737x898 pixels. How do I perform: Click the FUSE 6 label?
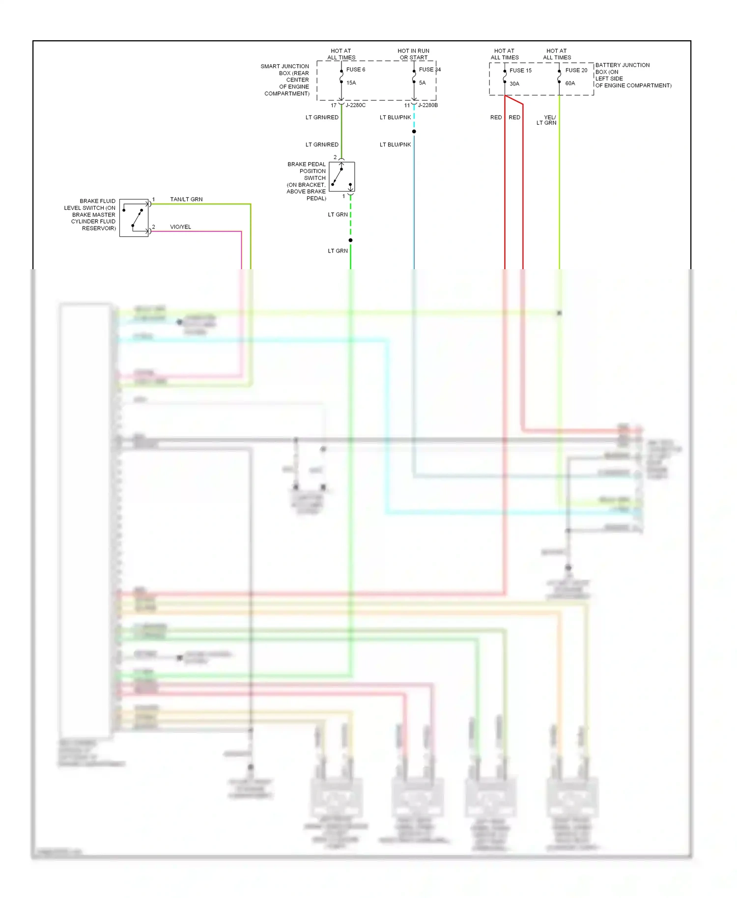click(x=356, y=70)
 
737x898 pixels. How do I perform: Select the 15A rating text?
click(x=351, y=83)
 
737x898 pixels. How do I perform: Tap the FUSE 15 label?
click(x=520, y=71)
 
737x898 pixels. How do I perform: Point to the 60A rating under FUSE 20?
click(x=570, y=84)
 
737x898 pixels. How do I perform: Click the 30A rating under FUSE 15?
click(x=514, y=84)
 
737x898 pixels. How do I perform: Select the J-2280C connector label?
click(x=355, y=106)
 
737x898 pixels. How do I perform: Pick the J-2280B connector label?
click(x=427, y=106)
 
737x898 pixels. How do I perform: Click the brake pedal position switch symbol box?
click(x=341, y=177)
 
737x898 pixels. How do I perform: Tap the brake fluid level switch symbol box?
click(x=134, y=218)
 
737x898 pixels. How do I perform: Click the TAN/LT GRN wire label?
click(x=186, y=199)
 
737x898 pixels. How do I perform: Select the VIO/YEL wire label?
click(x=180, y=227)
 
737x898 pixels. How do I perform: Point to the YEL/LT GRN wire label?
click(x=547, y=120)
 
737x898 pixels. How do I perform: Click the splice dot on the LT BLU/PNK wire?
click(x=414, y=132)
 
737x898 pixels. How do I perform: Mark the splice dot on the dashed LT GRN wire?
click(x=350, y=240)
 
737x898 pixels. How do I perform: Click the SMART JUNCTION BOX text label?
click(x=286, y=80)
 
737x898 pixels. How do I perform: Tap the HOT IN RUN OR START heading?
click(x=413, y=54)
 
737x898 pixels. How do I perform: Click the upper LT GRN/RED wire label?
click(x=322, y=117)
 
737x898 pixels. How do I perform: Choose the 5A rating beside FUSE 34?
click(x=422, y=83)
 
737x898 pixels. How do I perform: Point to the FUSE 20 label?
click(x=576, y=70)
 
